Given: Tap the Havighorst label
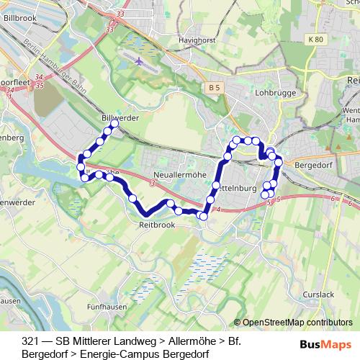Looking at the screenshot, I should [x=198, y=40].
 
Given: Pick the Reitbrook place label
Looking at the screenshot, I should [x=156, y=225].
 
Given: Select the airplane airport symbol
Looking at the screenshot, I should [x=138, y=60].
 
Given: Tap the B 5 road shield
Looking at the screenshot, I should [x=211, y=87].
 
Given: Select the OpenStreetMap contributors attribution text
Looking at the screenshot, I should [x=297, y=323].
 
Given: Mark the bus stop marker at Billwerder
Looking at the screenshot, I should [x=113, y=124].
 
